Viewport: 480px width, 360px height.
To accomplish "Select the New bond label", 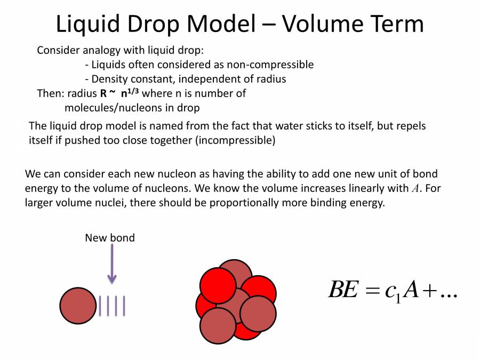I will pos(110,238).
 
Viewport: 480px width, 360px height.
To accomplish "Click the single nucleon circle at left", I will pos(78,306).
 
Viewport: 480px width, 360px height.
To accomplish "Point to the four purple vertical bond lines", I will pos(112,306).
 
